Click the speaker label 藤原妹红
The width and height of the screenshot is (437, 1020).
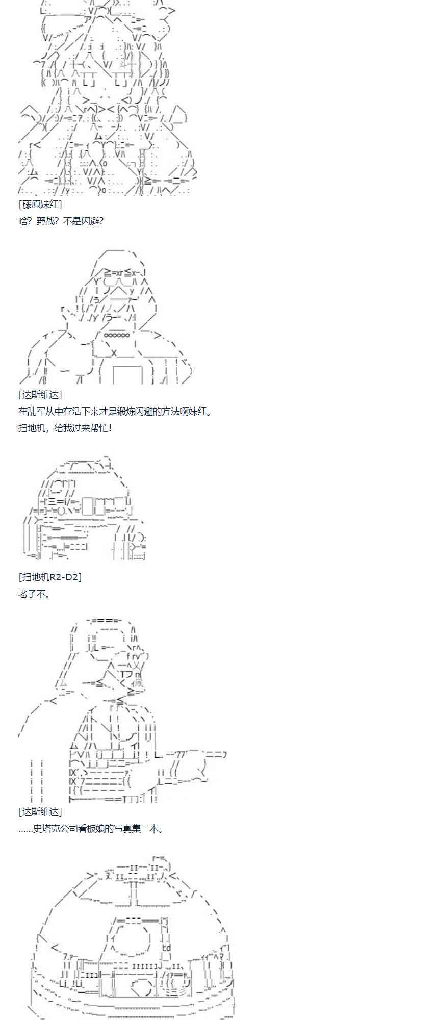[x=40, y=204]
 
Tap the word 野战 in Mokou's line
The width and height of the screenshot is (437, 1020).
[x=45, y=221]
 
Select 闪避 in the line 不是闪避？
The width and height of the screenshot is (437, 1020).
[x=88, y=221]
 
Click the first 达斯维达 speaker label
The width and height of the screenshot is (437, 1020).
[x=40, y=394]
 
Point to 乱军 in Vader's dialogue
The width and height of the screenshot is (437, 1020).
[x=36, y=412]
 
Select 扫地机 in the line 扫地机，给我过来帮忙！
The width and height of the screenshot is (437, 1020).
[x=31, y=428]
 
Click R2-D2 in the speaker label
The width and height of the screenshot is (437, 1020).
[x=63, y=577]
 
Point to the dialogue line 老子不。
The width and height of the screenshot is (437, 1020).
[x=34, y=594]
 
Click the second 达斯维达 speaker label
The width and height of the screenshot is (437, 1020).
[x=40, y=811]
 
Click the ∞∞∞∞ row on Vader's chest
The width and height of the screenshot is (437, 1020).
[x=117, y=335]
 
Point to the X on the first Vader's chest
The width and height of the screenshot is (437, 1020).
[x=114, y=352]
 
